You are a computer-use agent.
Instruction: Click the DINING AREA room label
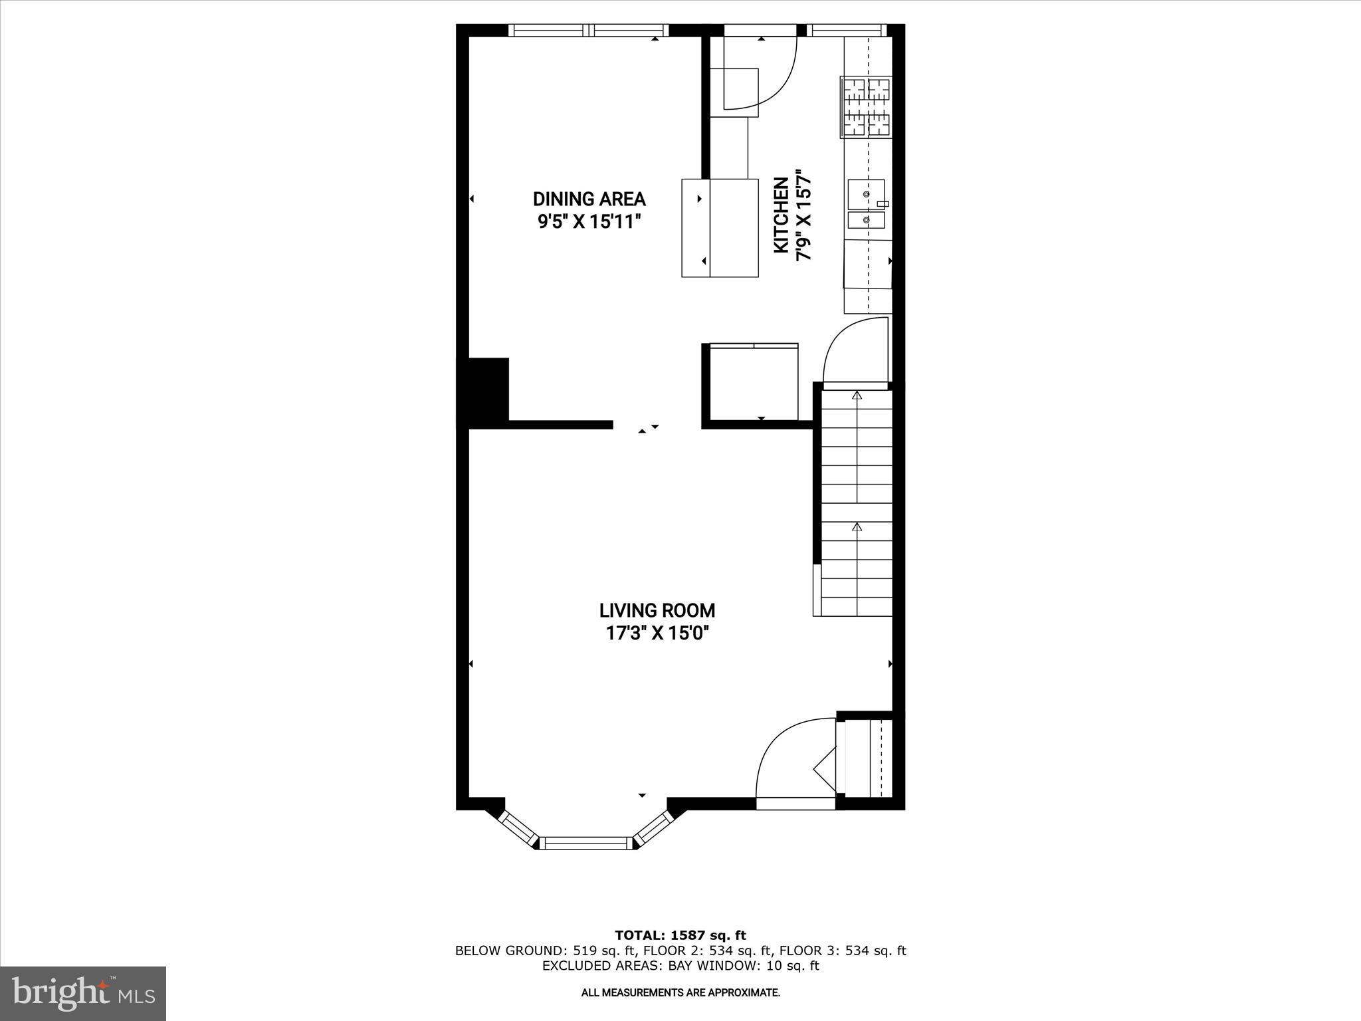click(x=589, y=199)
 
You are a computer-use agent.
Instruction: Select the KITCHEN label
click(x=782, y=215)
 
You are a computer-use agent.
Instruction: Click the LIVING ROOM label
click(x=657, y=610)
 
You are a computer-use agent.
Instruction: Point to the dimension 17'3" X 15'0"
click(x=657, y=633)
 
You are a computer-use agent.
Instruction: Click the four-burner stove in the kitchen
click(x=866, y=108)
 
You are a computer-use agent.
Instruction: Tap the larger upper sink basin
click(x=865, y=193)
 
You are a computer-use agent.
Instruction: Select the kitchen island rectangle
click(x=720, y=228)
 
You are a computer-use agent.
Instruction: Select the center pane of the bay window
click(x=585, y=843)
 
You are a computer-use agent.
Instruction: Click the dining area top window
click(x=589, y=30)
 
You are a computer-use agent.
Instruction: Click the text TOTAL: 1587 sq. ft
click(x=680, y=935)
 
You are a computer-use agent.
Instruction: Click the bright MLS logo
click(x=83, y=993)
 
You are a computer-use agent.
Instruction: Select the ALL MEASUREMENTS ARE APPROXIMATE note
click(x=680, y=993)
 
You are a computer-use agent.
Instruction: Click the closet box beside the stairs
click(x=754, y=383)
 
